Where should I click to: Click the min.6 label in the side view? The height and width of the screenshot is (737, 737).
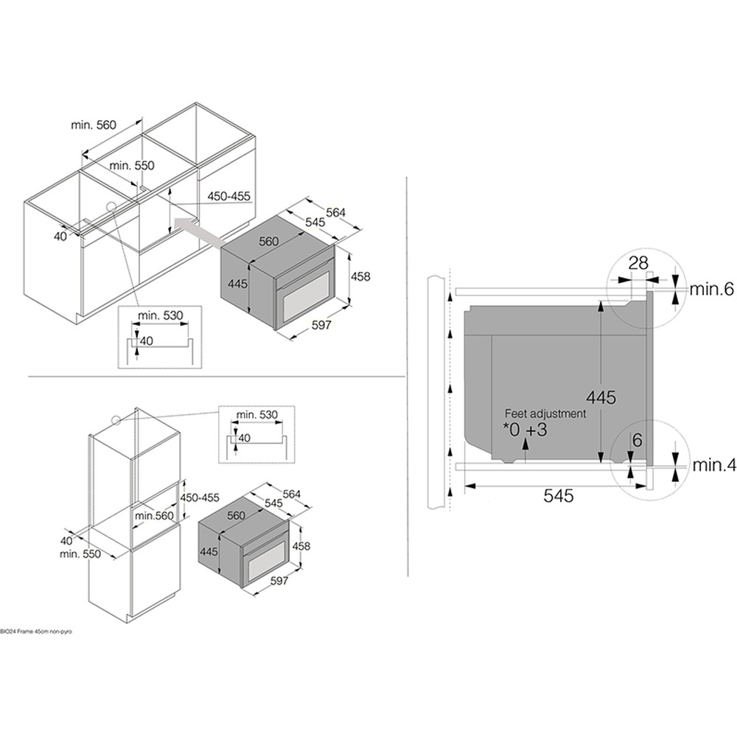point(712,290)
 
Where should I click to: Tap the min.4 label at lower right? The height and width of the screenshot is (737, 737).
point(712,465)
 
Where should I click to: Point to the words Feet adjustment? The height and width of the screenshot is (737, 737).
point(545,413)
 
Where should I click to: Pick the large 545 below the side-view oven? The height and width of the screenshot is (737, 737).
point(558,497)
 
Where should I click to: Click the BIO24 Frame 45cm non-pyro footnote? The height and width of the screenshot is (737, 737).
point(36,632)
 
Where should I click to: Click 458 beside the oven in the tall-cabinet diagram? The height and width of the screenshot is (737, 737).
point(301,546)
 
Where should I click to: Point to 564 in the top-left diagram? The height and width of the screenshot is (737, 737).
point(335,213)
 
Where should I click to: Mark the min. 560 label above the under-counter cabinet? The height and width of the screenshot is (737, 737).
point(94,125)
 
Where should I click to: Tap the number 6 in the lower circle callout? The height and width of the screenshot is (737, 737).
point(637,440)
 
